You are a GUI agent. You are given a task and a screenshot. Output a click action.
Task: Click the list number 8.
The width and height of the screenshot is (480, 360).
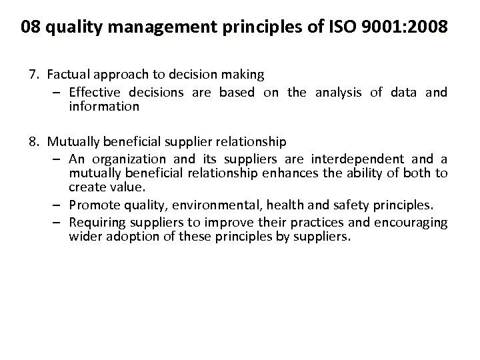pyautogui.click(x=35, y=141)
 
